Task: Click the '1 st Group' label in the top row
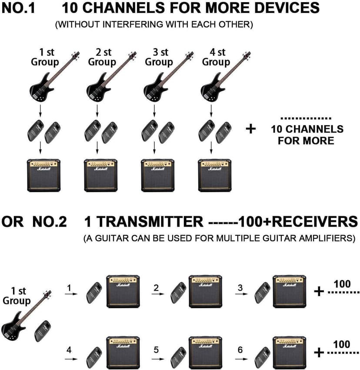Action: click(45, 57)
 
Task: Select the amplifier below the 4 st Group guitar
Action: click(214, 175)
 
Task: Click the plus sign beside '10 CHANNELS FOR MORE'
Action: click(251, 129)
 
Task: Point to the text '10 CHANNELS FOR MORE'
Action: click(307, 135)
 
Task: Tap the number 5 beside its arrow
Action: click(157, 349)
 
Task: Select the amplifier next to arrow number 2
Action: click(205, 291)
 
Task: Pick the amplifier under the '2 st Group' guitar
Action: click(101, 175)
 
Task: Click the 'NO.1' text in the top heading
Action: click(20, 8)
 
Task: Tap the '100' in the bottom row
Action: click(342, 345)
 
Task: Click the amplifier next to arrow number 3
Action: click(289, 291)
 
